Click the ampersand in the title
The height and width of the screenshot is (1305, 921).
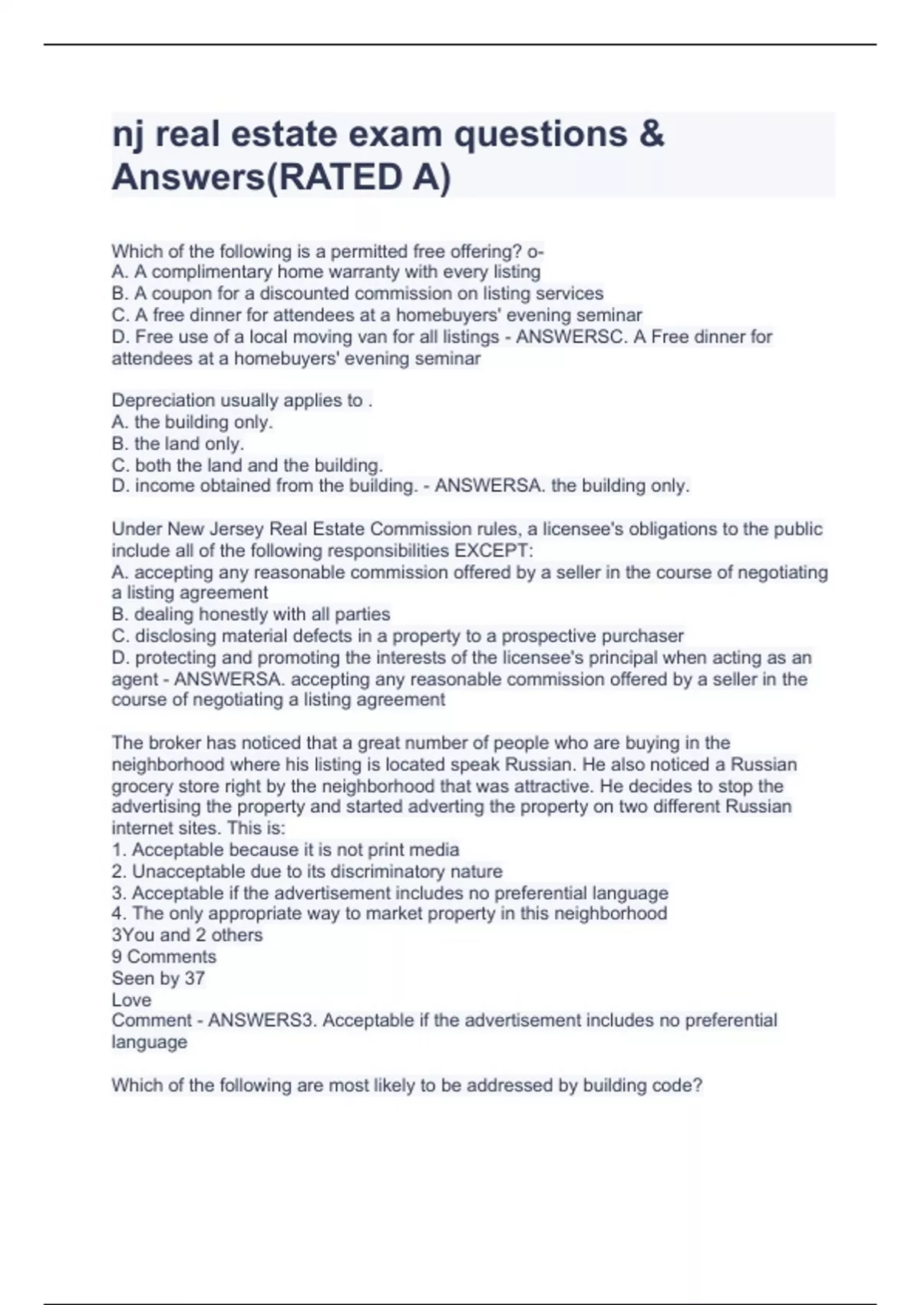(x=651, y=134)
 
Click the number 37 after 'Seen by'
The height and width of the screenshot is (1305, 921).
(x=194, y=978)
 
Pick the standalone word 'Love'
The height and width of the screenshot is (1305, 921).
(x=131, y=999)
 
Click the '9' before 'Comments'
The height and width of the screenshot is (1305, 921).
(x=117, y=956)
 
